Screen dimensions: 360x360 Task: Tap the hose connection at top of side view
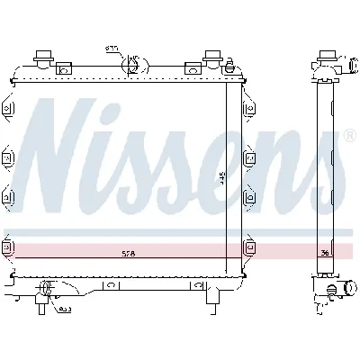[x=330, y=65]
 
